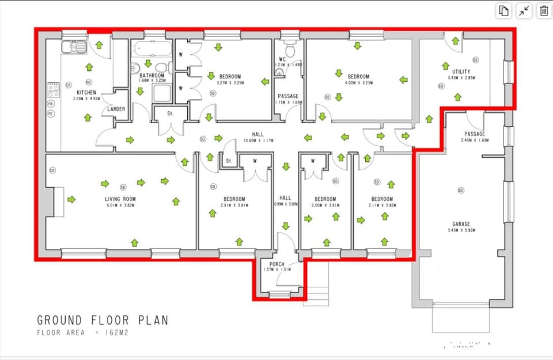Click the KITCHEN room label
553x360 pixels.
coord(87,92)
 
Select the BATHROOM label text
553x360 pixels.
coord(152,75)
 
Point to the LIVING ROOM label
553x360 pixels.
coord(120,199)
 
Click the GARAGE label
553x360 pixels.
coord(461,224)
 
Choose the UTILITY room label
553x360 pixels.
coord(461,72)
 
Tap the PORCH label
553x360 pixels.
coord(277,264)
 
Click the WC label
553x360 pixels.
coord(282,59)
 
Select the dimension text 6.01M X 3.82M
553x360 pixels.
coord(120,205)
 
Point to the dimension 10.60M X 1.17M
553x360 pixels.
coord(257,141)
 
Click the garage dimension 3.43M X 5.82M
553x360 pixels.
coord(461,230)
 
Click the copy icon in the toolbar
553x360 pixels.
coord(504,10)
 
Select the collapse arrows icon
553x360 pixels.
coord(524,10)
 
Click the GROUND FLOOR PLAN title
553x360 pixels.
coord(103,320)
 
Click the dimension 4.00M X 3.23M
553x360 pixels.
coord(358,82)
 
